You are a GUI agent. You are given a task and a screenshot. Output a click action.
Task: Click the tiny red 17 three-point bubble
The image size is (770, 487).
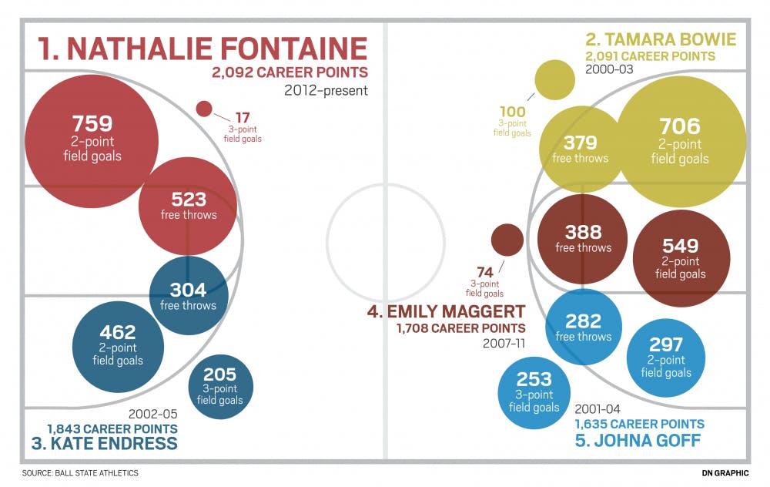click(x=204, y=109)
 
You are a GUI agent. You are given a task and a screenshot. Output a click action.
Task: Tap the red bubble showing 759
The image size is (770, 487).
click(x=92, y=139)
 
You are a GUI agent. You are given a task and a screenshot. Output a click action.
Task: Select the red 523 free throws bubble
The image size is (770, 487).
click(x=188, y=207)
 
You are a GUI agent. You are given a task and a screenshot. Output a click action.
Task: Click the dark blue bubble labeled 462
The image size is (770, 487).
click(x=118, y=342)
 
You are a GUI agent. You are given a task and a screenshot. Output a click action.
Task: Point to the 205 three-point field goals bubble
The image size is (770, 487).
click(x=219, y=386)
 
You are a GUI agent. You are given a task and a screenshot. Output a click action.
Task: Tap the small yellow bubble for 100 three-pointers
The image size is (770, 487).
click(x=554, y=81)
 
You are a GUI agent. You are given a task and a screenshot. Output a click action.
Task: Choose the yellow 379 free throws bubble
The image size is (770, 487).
click(x=580, y=149)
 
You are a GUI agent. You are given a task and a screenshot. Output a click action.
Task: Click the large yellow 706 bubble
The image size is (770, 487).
click(x=680, y=142)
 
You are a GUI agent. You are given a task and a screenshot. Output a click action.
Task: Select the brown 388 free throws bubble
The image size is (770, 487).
click(x=583, y=239)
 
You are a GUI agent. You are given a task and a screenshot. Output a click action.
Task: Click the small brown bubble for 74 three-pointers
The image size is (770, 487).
click(x=507, y=240)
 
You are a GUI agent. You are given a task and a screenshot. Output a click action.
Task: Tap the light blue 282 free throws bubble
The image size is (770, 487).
click(x=584, y=327)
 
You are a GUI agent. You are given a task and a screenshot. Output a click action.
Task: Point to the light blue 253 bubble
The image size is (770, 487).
click(x=534, y=392)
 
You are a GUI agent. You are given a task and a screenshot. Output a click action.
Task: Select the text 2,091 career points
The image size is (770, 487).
click(x=650, y=56)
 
